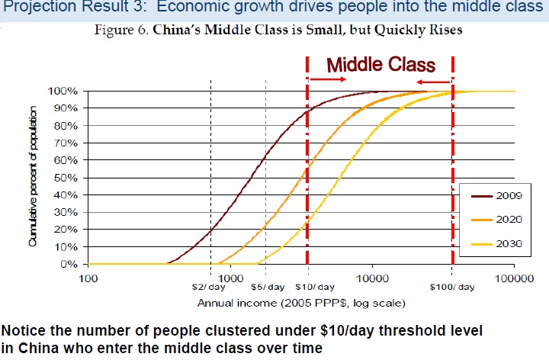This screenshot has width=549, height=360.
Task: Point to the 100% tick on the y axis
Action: click(x=63, y=91)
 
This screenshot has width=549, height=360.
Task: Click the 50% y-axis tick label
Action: click(x=66, y=178)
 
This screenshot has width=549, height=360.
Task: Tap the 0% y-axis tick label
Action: click(x=69, y=265)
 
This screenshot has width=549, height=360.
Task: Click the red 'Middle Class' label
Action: click(x=380, y=65)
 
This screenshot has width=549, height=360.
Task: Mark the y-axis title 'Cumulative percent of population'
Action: click(x=33, y=177)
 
